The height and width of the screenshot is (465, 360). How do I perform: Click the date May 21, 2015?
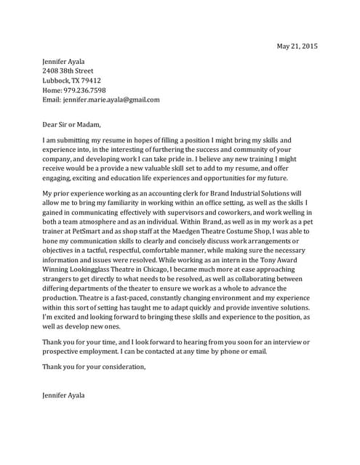pyautogui.click(x=297, y=46)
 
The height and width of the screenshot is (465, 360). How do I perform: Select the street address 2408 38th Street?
pyautogui.click(x=68, y=71)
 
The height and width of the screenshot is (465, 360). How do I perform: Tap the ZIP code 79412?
pyautogui.click(x=91, y=81)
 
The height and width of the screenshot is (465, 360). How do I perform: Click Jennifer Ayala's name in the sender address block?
pyautogui.click(x=63, y=62)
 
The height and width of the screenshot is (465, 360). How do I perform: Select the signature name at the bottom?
pyautogui.click(x=63, y=395)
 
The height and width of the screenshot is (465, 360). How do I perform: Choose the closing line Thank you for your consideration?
pyautogui.click(x=94, y=367)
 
